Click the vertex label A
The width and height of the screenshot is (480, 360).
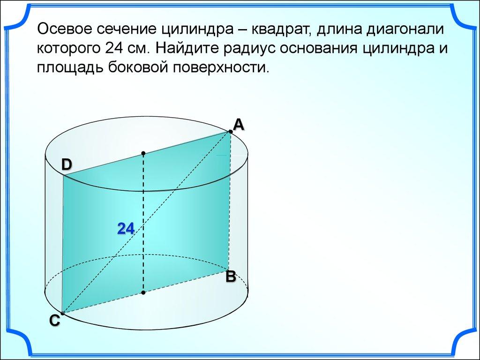[x=239, y=125]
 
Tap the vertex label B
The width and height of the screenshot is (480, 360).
[x=231, y=277]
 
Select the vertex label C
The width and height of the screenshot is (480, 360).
[x=55, y=321]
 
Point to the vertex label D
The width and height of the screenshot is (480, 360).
[x=67, y=165]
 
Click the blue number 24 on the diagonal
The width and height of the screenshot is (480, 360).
[x=126, y=229]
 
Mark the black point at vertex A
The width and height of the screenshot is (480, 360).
[x=230, y=132]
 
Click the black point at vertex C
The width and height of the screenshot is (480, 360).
[x=62, y=313]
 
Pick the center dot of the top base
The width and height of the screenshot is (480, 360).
[x=143, y=153]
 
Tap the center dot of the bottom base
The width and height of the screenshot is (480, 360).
[x=143, y=292]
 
